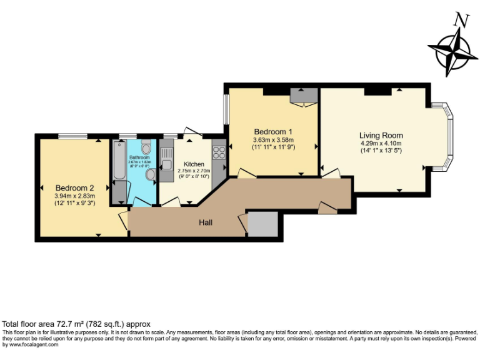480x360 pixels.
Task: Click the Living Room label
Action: coord(381,135)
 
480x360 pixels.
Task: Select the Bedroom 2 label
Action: coord(74,187)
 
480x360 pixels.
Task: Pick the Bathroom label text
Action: coord(139,157)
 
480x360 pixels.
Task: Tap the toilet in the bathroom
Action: coord(146,147)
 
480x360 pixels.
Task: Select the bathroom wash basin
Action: coord(150,174)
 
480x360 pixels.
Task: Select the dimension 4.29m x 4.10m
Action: coord(381,143)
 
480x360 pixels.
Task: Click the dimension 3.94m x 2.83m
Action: coord(74,196)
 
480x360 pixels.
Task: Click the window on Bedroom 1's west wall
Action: coord(226,110)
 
